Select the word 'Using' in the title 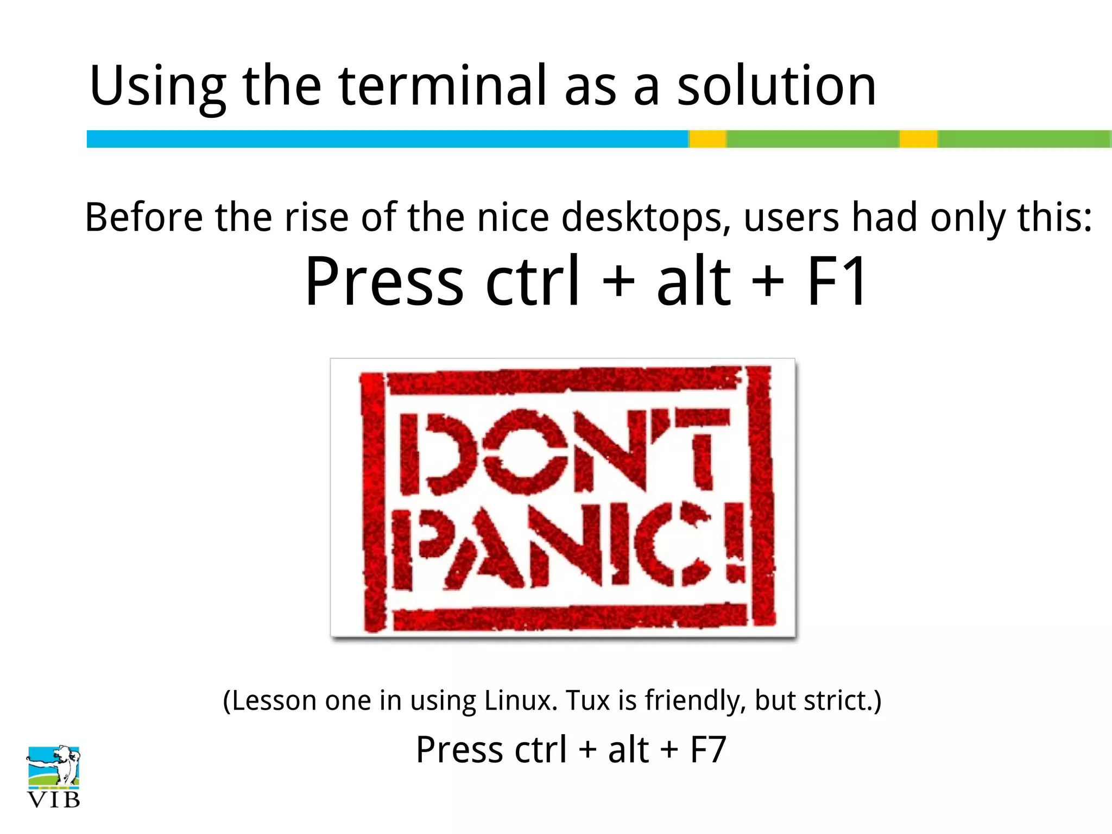[157, 87]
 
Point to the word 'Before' [143, 217]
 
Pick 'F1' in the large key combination [837, 281]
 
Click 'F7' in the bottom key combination [708, 750]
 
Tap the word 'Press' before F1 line [384, 281]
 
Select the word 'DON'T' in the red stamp [565, 452]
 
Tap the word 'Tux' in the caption [587, 700]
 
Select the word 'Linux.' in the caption [521, 700]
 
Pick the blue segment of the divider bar [387, 139]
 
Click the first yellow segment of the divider [708, 139]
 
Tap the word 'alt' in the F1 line [693, 281]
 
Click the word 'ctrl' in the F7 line [540, 750]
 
